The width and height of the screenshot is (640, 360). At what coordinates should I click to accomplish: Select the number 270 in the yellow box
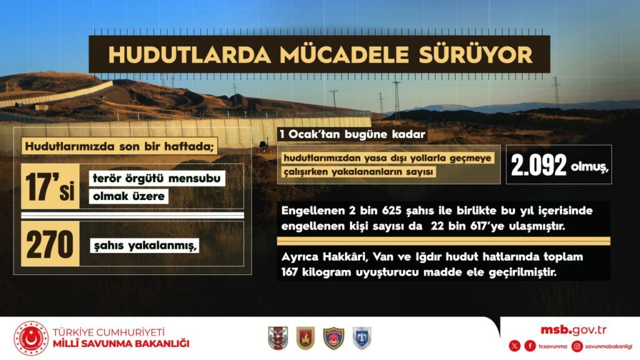click(x=50, y=244)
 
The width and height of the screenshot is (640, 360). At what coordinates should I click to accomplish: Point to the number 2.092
click(x=539, y=165)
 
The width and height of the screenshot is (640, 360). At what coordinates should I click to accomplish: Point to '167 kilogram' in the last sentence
click(x=312, y=273)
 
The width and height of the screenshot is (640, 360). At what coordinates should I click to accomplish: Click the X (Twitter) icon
click(x=514, y=346)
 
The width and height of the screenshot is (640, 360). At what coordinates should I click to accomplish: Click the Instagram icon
click(x=577, y=346)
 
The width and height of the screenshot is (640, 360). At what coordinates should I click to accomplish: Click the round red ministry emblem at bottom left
click(x=31, y=338)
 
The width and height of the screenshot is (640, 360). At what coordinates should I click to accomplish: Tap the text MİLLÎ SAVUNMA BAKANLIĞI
click(x=121, y=344)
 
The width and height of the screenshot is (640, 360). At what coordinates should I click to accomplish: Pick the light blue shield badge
click(x=361, y=338)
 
